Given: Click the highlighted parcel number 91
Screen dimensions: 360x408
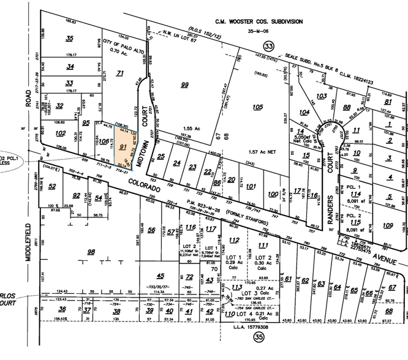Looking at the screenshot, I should coord(123,148).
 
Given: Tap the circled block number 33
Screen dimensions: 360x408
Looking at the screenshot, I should coord(268,45).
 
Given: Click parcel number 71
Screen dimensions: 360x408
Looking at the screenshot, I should coord(120,73).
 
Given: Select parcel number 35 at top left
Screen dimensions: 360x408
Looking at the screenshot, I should coord(69,38).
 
